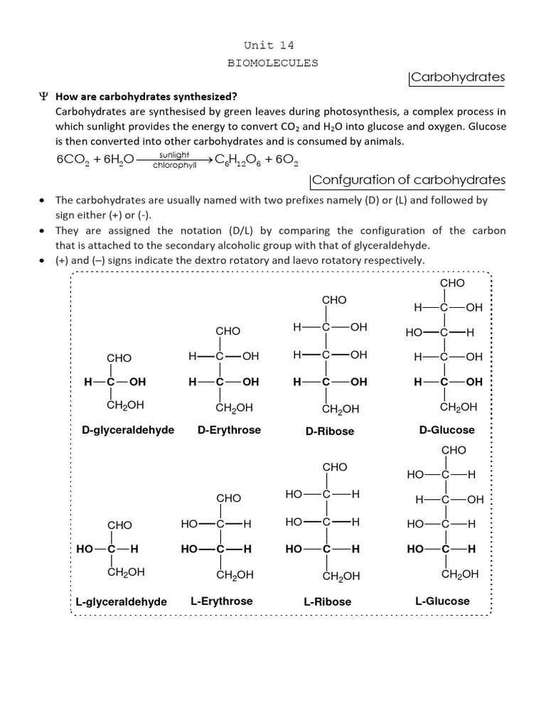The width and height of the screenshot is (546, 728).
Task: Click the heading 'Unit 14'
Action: (272, 45)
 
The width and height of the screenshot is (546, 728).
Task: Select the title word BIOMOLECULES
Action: (272, 63)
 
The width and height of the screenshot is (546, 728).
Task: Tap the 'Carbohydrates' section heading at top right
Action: (458, 77)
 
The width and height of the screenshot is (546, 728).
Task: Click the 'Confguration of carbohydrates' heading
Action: (409, 180)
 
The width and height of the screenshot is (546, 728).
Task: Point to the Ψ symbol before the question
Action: (42, 97)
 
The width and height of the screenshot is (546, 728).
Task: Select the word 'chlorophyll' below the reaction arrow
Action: (174, 166)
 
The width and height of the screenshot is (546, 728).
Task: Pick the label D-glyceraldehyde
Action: (128, 430)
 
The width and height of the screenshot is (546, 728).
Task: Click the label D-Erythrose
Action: (229, 429)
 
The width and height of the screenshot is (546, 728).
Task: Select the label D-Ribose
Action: (330, 431)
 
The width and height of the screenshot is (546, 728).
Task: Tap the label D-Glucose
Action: (447, 429)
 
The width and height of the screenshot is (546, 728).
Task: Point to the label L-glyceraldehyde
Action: (121, 601)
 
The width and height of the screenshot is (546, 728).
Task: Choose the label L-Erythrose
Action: (221, 601)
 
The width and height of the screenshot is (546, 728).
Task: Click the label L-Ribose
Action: (327, 601)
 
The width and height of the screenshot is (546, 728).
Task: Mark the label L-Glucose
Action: (442, 601)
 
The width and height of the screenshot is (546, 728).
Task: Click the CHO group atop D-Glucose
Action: (452, 283)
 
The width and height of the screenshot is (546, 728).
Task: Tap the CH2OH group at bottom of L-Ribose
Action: (341, 576)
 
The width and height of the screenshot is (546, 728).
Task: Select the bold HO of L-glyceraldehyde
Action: (85, 550)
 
